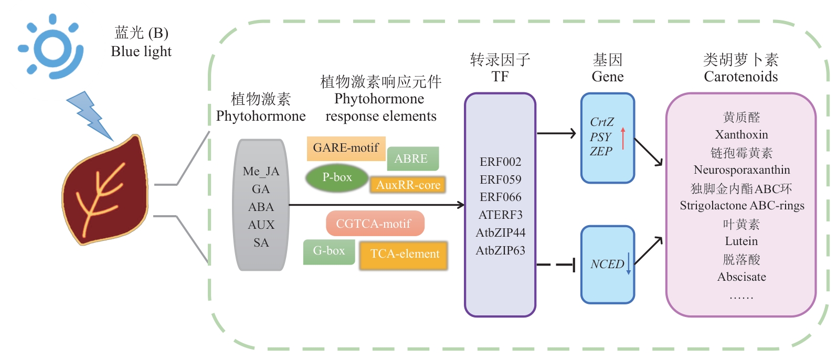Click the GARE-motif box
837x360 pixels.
(346, 148)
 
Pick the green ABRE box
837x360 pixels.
(412, 158)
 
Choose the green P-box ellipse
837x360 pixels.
(337, 178)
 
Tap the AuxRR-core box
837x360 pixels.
(408, 185)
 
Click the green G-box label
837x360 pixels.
(329, 251)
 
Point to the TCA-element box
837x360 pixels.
(404, 255)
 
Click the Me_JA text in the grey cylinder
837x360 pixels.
(261, 172)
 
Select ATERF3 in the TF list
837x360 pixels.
(500, 215)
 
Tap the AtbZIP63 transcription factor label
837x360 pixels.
(500, 251)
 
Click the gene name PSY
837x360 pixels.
(600, 137)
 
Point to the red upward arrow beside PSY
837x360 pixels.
(623, 139)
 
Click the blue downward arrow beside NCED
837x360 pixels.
(629, 263)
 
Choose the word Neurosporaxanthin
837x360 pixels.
(741, 170)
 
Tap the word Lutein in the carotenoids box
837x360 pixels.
(741, 241)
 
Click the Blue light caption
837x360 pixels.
(141, 51)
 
